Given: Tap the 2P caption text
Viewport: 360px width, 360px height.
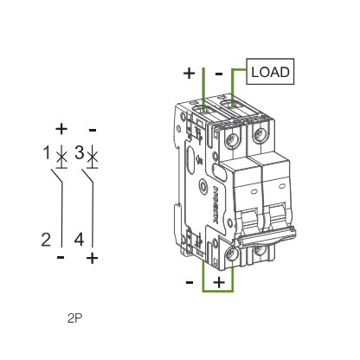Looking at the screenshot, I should (74, 318).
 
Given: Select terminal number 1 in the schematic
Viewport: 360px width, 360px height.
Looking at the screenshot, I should (48, 155).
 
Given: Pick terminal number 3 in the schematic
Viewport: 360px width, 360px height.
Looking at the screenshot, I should (79, 155).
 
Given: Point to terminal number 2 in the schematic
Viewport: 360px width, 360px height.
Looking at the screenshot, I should (48, 240).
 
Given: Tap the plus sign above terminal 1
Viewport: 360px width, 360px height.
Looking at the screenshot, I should (61, 130).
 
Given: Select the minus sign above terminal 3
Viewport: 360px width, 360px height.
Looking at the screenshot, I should (92, 130).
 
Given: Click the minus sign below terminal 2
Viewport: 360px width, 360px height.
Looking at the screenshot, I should (61, 258).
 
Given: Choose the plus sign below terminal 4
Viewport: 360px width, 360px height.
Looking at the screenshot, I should (92, 258).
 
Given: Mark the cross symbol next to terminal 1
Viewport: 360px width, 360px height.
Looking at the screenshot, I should (61, 157).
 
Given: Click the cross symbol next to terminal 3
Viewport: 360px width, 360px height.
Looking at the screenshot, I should (92, 157).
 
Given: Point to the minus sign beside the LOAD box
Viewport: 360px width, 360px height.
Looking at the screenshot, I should (219, 74).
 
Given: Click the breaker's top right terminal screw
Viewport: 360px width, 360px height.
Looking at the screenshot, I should (259, 134).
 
